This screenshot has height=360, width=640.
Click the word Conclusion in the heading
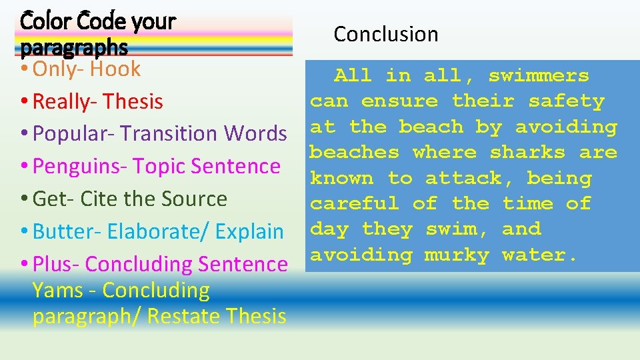tap(386, 34)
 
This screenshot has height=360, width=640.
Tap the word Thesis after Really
tap(133, 101)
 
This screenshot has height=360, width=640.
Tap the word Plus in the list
tap(49, 264)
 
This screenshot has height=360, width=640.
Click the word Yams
tap(57, 290)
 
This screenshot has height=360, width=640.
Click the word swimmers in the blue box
tap(539, 76)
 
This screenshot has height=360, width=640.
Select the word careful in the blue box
tap(355, 203)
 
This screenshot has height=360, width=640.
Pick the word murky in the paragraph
tap(457, 255)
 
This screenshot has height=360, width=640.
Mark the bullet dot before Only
tap(25, 69)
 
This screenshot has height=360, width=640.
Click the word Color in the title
tap(45, 22)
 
